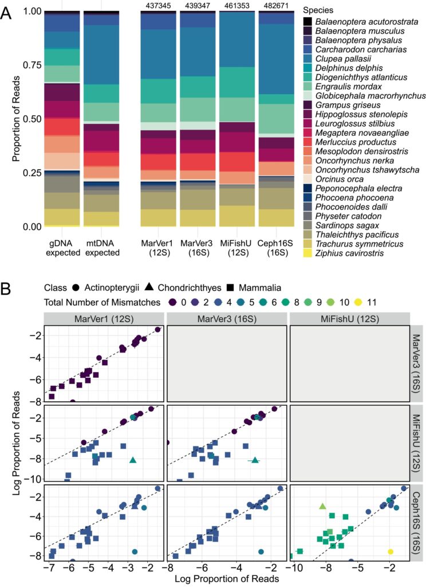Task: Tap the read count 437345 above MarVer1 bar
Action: (157, 5)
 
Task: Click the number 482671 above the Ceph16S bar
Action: (276, 5)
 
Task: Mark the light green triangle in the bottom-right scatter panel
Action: (322, 506)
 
